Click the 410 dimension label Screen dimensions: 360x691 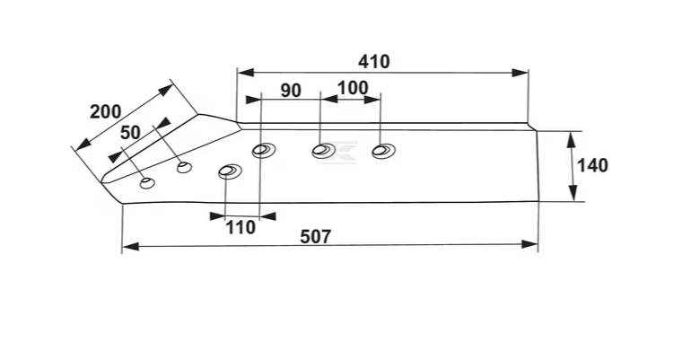pos(373,62)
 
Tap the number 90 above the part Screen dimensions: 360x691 pos(290,91)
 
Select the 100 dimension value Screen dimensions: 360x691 pos(352,89)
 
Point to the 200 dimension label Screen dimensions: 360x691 pos(106,112)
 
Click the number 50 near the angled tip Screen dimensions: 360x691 pos(130,132)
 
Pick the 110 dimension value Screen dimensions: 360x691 pos(241,227)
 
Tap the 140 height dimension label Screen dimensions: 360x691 pos(592,165)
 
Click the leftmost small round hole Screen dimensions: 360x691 pos(147,183)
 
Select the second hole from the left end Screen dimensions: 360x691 pos(184,166)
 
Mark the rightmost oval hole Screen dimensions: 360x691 pos(383,151)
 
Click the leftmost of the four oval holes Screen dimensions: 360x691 pos(230,171)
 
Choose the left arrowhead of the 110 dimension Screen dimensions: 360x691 pos(214,215)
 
